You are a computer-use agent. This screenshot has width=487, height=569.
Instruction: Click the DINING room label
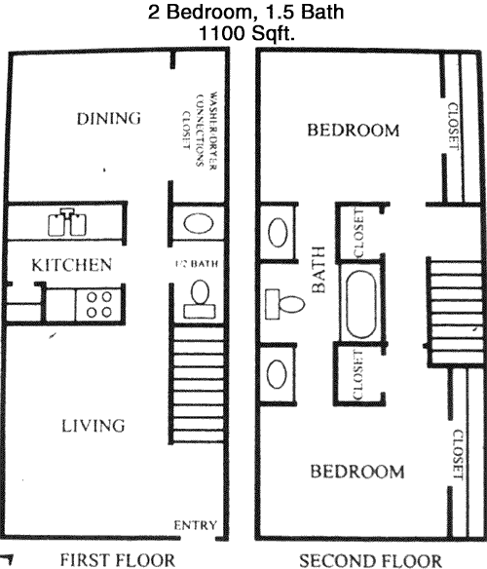(x=108, y=119)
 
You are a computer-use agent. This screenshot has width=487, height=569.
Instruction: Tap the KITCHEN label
(x=72, y=265)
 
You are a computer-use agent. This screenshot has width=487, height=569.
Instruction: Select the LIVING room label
(x=93, y=426)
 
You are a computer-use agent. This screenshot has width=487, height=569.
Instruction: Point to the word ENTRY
(x=195, y=525)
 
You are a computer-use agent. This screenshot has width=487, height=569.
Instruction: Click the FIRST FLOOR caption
(x=117, y=560)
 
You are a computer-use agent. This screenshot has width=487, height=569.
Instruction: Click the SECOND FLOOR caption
(x=370, y=560)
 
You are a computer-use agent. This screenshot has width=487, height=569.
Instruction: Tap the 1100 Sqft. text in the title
(x=246, y=34)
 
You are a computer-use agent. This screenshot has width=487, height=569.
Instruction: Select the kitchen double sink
(x=67, y=222)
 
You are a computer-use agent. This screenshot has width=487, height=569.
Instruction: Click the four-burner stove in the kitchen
(x=98, y=305)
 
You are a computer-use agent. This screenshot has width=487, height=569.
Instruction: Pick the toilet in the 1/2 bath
(x=200, y=300)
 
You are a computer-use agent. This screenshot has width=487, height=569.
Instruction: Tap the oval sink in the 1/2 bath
(x=198, y=223)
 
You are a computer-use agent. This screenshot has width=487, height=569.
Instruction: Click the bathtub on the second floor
(x=361, y=304)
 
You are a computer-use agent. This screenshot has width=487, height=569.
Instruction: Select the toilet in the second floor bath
(x=284, y=304)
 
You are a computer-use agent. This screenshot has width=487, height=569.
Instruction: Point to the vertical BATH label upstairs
(x=318, y=269)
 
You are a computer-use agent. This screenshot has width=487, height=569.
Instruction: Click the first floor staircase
(x=198, y=386)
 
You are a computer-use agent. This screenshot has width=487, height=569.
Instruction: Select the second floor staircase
(x=456, y=313)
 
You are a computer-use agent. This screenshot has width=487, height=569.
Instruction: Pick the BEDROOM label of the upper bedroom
(x=354, y=131)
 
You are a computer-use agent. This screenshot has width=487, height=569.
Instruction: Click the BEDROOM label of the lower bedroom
(x=357, y=472)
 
